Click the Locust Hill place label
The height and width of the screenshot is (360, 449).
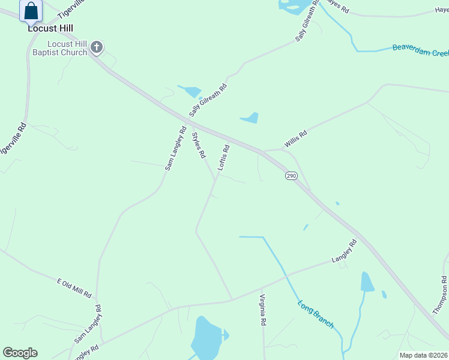coord(50,28)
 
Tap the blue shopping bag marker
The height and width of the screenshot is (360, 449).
coord(31,11)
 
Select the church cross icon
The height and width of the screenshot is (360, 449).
coord(96,48)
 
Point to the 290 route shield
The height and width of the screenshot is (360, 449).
coord(291,175)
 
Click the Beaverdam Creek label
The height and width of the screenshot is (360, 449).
coord(420,50)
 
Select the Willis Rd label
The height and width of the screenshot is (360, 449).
coord(296,139)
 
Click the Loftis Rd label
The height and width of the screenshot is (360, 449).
coord(223,158)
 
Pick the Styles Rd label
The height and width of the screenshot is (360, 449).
coord(199,145)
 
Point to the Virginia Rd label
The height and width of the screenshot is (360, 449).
coord(262,310)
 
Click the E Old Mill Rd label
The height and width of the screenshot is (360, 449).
coord(73,288)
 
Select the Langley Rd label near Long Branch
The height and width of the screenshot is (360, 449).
coord(345,251)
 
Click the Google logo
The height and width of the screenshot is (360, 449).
coord(20,353)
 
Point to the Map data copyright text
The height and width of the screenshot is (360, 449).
coord(423,355)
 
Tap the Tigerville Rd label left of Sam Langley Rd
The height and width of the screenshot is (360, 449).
coord(13,140)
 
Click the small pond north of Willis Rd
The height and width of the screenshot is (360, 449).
coord(251,118)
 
